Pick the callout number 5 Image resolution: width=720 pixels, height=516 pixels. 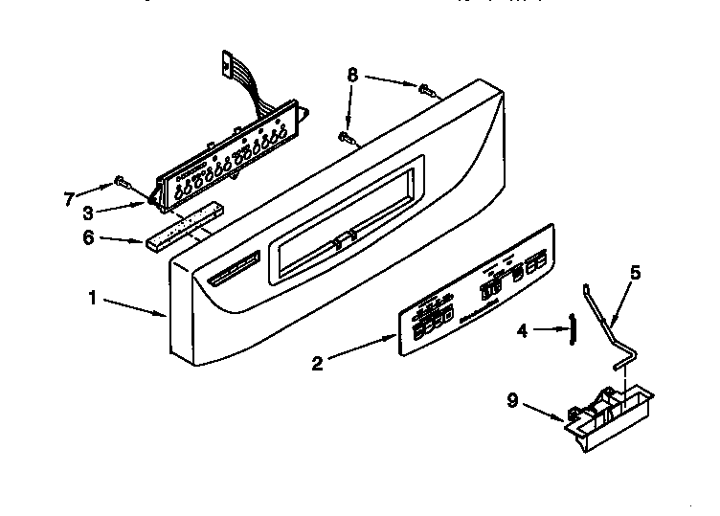634,272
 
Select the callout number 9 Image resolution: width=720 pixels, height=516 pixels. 512,400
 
